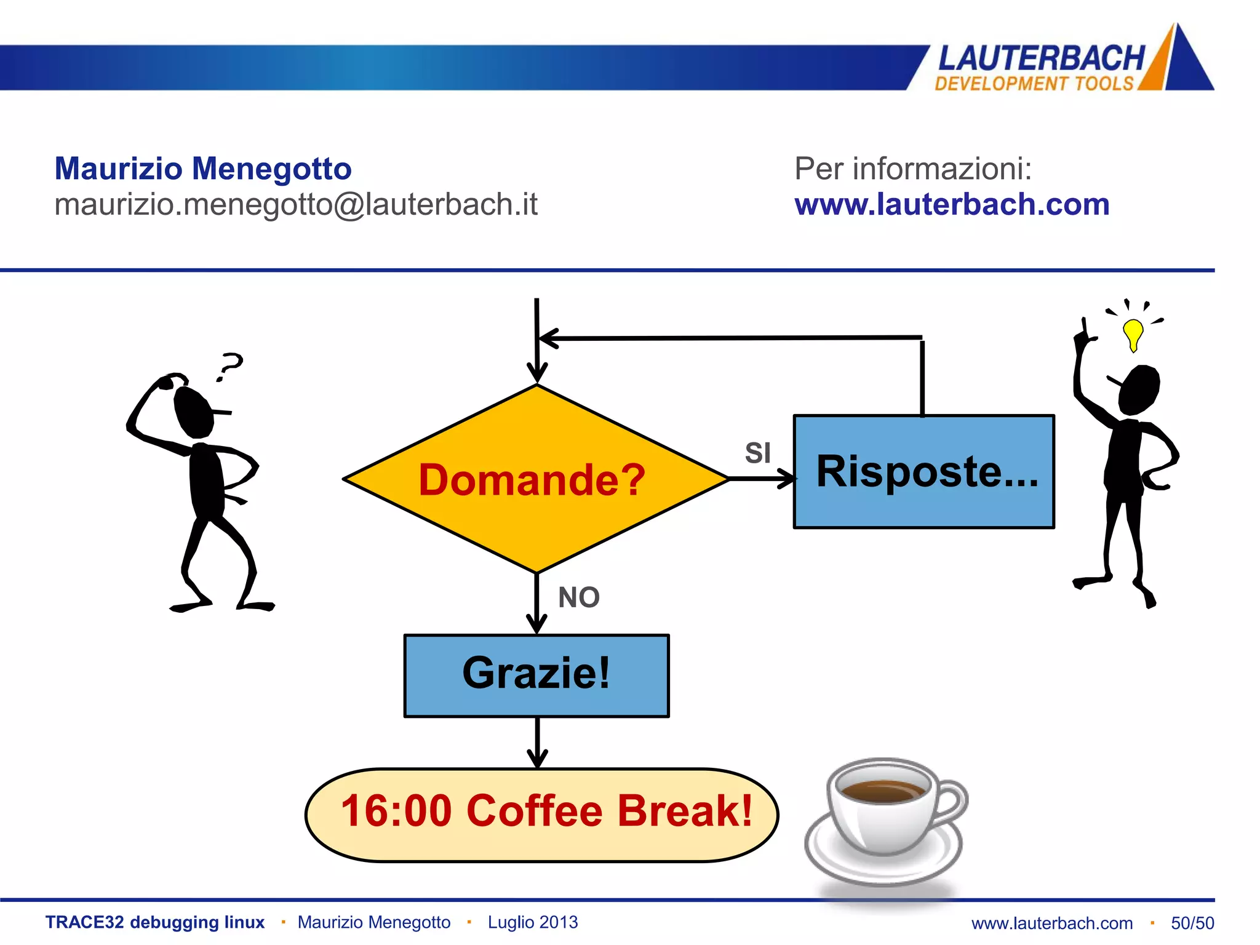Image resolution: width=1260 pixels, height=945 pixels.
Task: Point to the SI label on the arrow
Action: [757, 453]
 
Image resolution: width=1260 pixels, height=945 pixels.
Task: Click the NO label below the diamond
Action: [578, 597]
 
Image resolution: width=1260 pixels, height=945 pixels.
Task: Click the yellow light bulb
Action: [1133, 334]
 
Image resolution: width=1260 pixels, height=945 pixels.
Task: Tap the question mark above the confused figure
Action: [230, 366]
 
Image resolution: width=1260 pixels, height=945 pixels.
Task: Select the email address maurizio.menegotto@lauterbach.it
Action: [296, 205]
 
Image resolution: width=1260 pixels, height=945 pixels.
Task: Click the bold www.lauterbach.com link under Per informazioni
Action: [952, 205]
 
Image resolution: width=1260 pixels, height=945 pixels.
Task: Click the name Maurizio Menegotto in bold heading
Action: [203, 169]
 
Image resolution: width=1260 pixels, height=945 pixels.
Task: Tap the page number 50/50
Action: [1192, 923]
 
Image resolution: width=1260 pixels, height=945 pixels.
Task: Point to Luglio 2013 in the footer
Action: [533, 922]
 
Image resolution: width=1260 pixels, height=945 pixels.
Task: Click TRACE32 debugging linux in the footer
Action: [155, 922]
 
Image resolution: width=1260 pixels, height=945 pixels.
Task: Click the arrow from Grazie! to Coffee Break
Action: [537, 743]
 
